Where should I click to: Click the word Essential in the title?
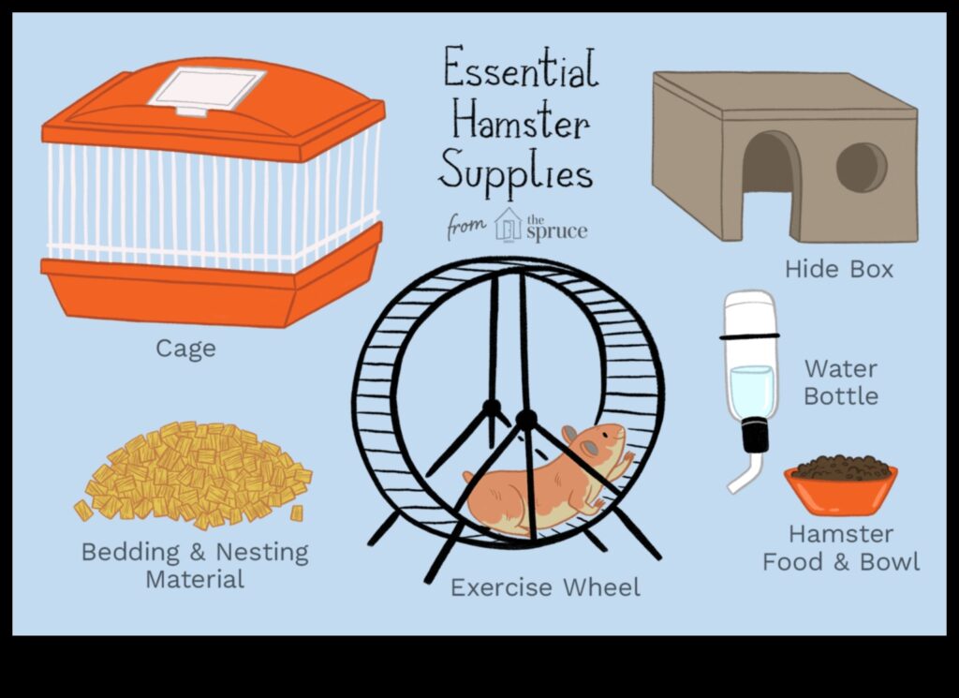click(520, 72)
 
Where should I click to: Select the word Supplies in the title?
click(515, 173)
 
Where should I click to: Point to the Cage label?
click(185, 349)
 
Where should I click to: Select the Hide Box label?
click(839, 270)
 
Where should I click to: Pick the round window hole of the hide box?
click(861, 167)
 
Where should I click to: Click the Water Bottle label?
click(841, 382)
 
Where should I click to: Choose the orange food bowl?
click(840, 492)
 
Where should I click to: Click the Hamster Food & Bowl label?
click(840, 548)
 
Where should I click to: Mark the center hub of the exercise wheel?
click(526, 419)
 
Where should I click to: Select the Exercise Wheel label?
click(545, 588)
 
